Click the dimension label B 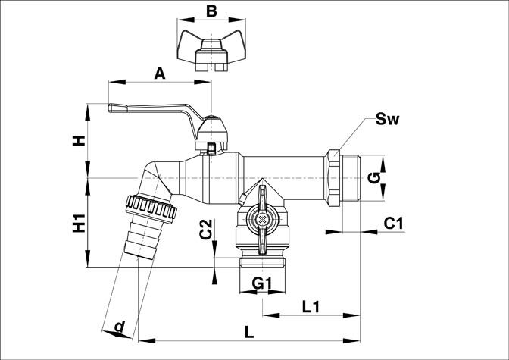point(211,11)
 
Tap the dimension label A point(159,74)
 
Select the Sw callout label point(387,119)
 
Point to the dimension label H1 point(79,223)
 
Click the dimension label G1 point(261,283)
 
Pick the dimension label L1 point(311,307)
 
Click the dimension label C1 point(394,224)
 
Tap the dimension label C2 point(206,230)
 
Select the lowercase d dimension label point(120,326)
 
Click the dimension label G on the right point(375,178)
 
